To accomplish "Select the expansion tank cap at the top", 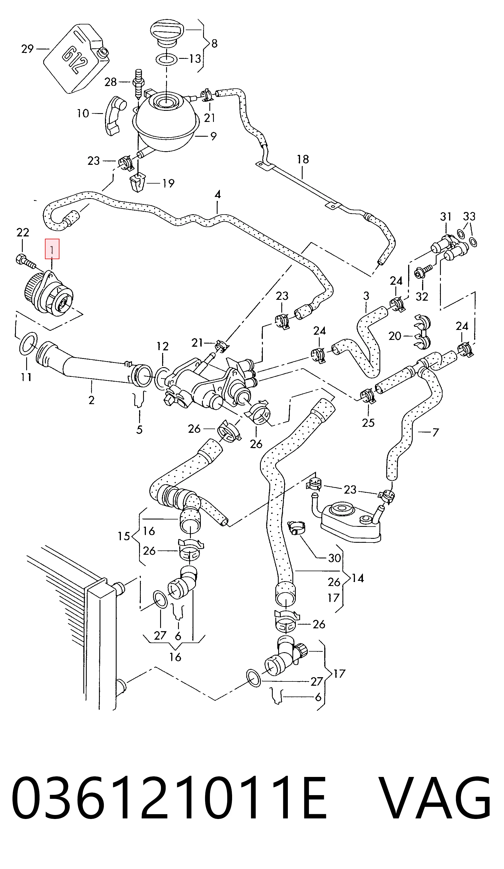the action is click(167, 34).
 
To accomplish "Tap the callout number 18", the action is click(303, 159).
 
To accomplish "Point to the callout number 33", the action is click(469, 217).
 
